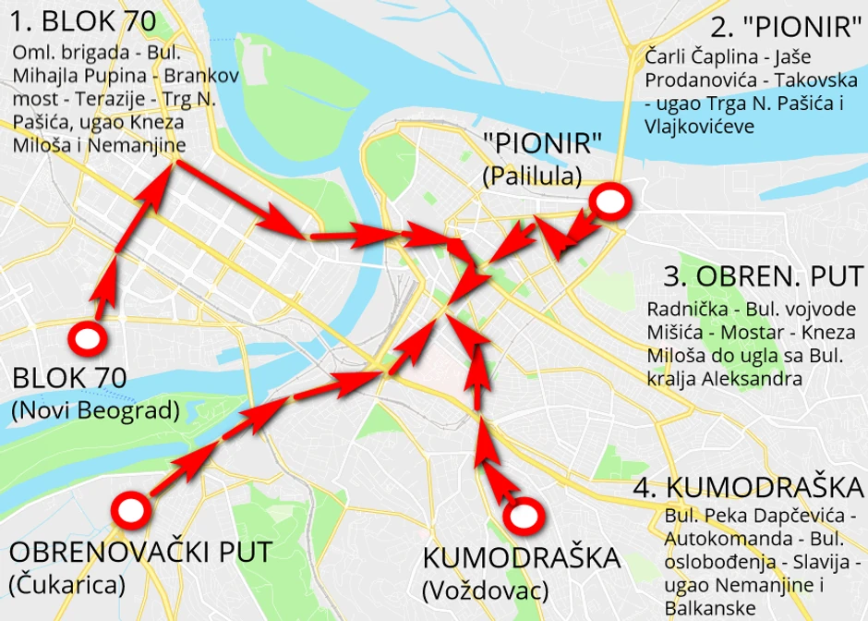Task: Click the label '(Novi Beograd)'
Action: point(95,410)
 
